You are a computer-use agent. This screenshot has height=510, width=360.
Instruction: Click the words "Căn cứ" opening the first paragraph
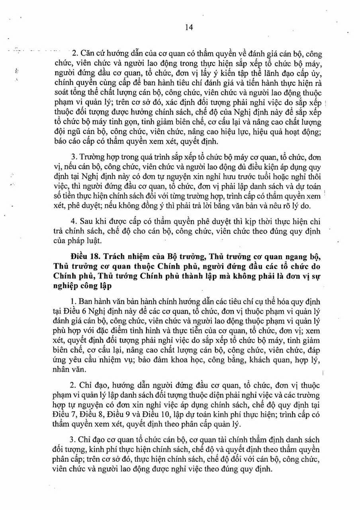click(x=93, y=53)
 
